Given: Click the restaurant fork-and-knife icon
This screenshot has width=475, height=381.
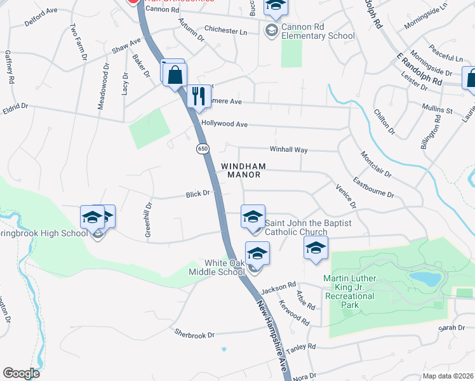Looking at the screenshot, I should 200,97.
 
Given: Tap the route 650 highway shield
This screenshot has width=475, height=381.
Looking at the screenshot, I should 202,149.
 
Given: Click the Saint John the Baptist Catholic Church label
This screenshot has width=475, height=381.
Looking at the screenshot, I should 308,227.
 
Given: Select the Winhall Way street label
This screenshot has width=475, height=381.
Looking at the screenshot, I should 288,149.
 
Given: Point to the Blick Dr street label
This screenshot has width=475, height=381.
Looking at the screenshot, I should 197,194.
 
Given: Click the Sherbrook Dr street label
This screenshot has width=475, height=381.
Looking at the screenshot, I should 195,332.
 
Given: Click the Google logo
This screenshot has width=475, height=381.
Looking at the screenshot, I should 21,373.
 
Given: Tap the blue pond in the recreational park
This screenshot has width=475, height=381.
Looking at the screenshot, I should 424,278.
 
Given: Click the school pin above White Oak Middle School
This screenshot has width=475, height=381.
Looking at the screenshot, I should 257,254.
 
